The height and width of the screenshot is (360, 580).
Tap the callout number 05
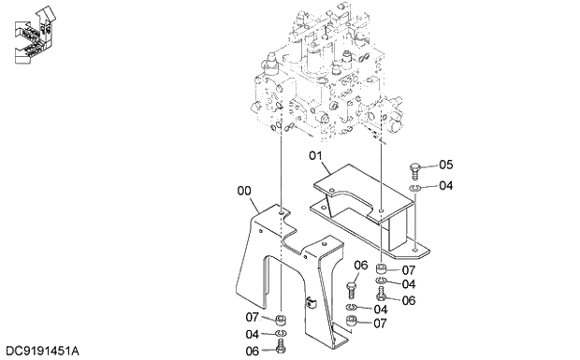[x=445, y=166]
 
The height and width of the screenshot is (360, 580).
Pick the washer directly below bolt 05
[x=414, y=187]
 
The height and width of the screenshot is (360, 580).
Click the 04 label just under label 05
[x=445, y=185]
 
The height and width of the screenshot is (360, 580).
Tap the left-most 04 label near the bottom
[x=253, y=335]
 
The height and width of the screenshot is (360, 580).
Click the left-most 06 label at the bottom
[x=253, y=352]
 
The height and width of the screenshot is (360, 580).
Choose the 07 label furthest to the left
[x=253, y=318]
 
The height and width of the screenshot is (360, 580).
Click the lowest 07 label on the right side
[x=381, y=324]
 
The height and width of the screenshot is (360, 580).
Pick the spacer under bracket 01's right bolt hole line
[x=382, y=271]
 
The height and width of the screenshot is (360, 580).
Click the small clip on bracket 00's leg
[x=309, y=302]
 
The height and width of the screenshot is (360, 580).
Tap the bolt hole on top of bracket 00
[x=282, y=212]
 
